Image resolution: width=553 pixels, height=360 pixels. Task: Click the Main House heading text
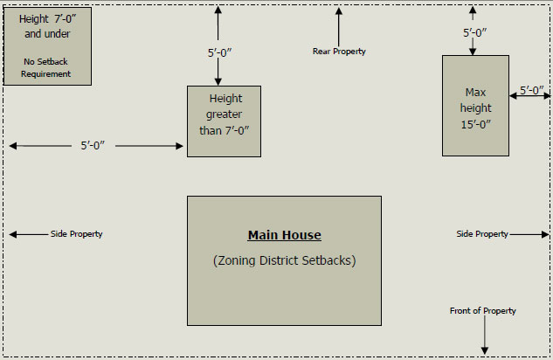point(284,235)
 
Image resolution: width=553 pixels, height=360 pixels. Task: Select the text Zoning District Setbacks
point(284,260)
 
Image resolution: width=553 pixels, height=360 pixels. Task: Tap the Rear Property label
point(339,52)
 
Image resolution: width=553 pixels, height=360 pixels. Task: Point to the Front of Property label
point(482,311)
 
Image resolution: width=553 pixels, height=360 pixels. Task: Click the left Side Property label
point(76,234)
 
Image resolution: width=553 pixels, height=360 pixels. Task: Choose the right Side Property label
point(482,234)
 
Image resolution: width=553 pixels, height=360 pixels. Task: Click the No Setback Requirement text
point(46,68)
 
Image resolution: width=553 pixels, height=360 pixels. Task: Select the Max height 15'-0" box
point(475,105)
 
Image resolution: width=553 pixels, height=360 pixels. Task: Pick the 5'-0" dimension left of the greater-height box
point(93,146)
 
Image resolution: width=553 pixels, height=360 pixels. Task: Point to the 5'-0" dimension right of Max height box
point(532,90)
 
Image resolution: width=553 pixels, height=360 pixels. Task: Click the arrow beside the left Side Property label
point(26,234)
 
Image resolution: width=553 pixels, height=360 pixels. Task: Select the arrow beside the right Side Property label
point(530,234)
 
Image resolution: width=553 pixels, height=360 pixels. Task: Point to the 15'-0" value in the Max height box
point(475,124)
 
